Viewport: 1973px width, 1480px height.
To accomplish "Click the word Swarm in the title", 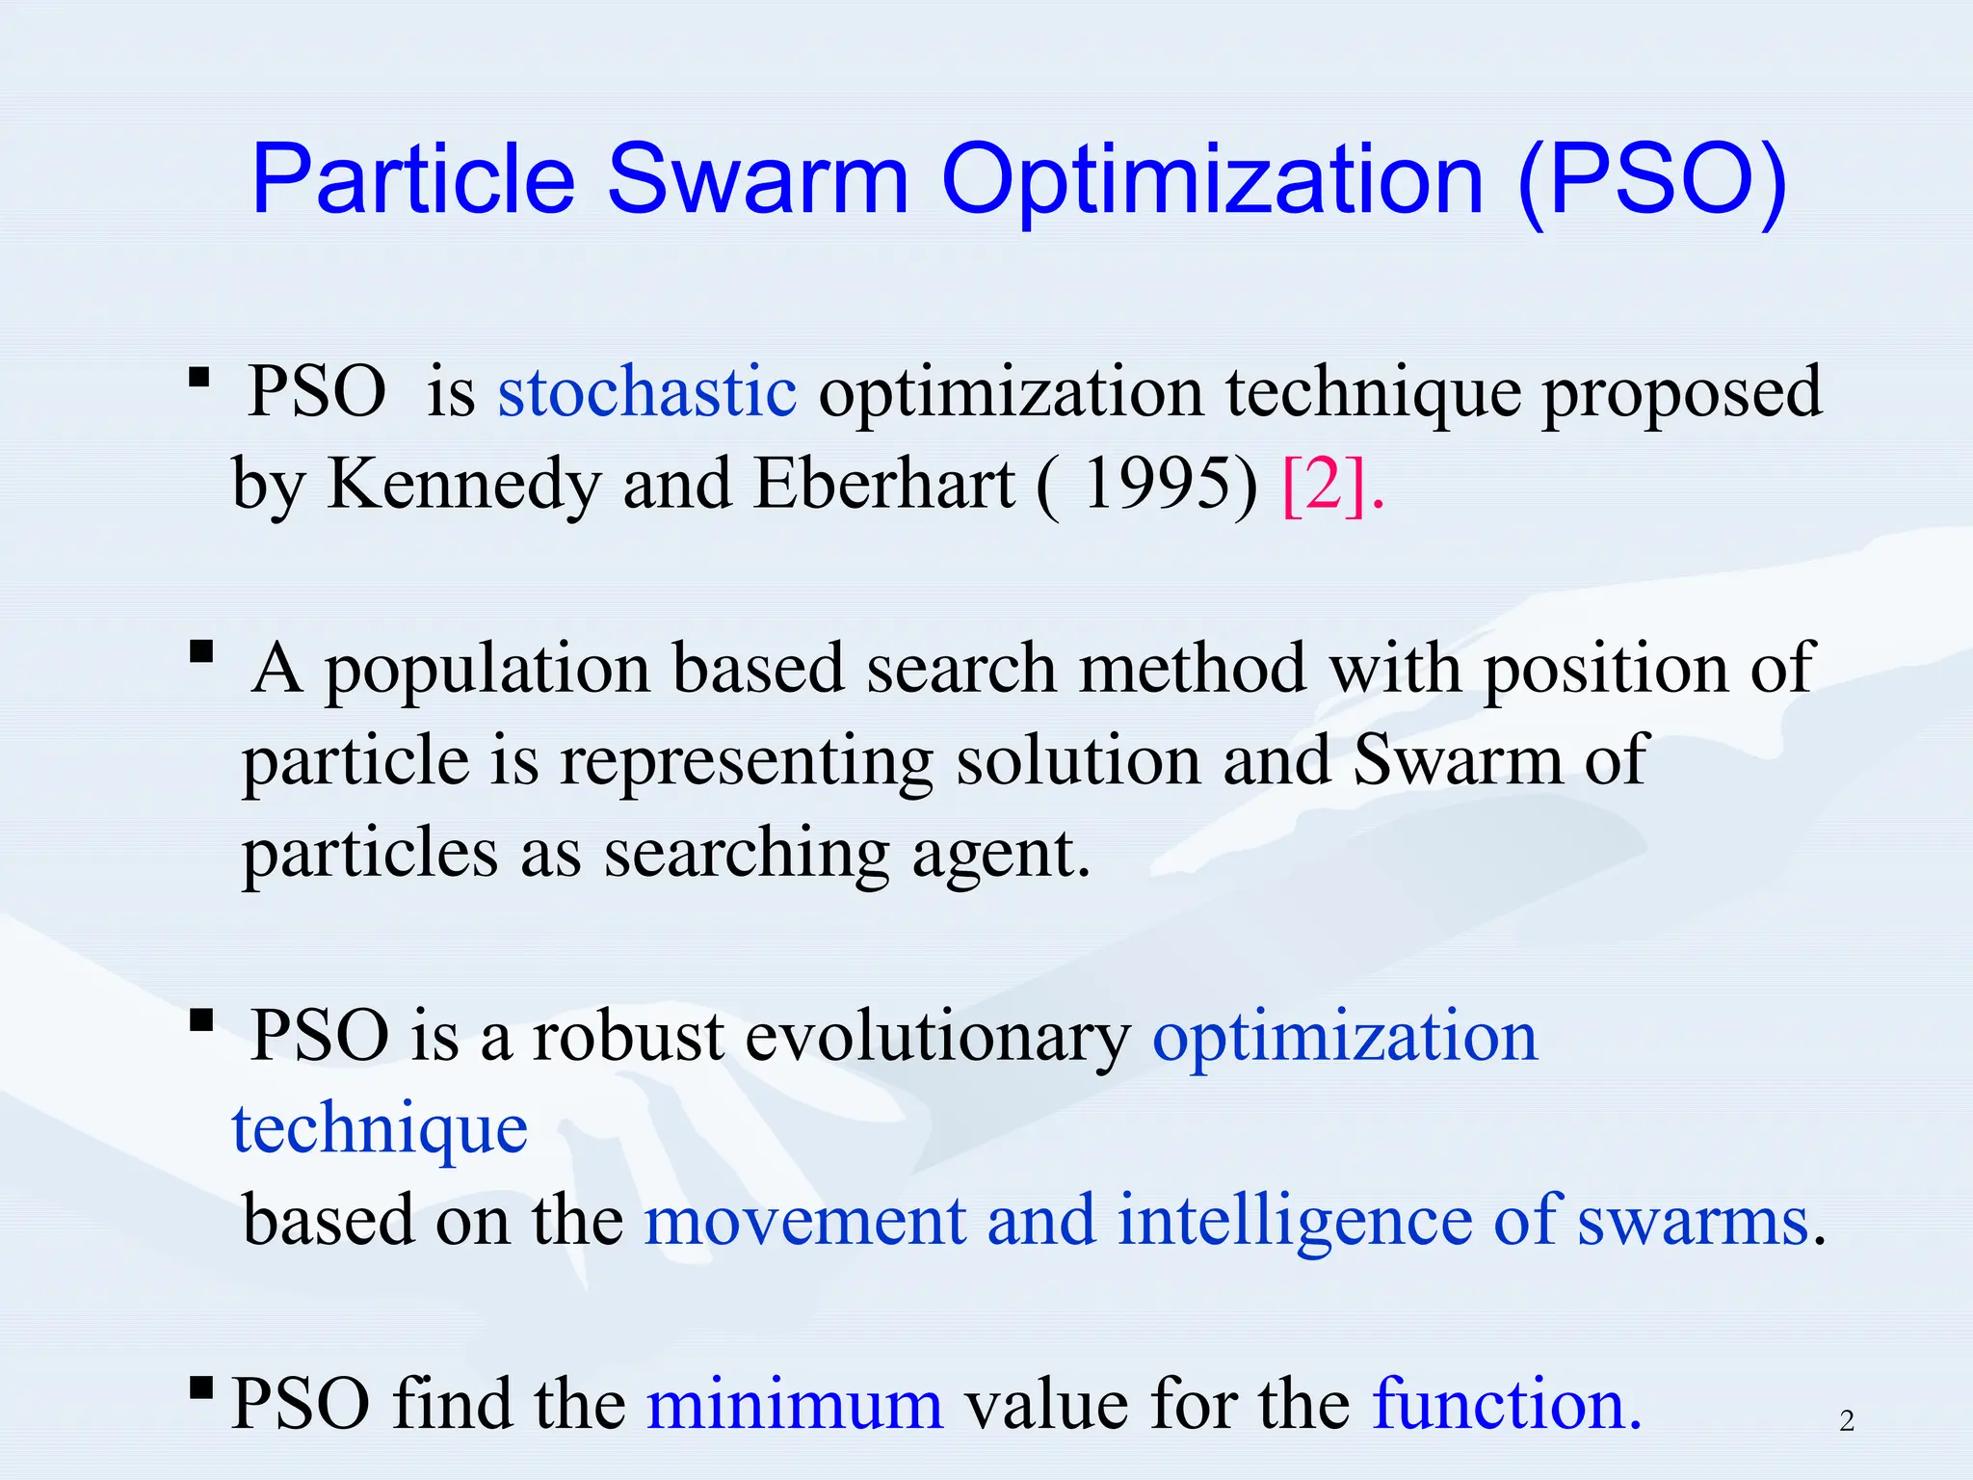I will coord(758,179).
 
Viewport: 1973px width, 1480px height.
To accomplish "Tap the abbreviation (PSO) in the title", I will coord(1651,179).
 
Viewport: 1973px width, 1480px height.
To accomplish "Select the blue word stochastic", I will coord(646,392).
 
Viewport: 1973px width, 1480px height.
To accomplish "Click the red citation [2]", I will coord(1326,484).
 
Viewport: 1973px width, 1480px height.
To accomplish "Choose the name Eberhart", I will coord(884,484).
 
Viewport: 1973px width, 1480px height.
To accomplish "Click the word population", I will coord(487,670).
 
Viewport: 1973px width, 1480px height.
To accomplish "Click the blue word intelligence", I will coord(1294,1222).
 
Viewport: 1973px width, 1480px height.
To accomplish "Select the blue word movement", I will coord(804,1222).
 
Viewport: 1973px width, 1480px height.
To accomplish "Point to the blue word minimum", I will coord(795,1405).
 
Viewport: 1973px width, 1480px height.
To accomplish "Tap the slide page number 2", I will coord(1846,1421).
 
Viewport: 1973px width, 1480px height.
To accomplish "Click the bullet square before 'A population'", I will coord(201,652).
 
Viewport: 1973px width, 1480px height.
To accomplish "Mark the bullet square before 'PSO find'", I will coord(201,1387).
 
